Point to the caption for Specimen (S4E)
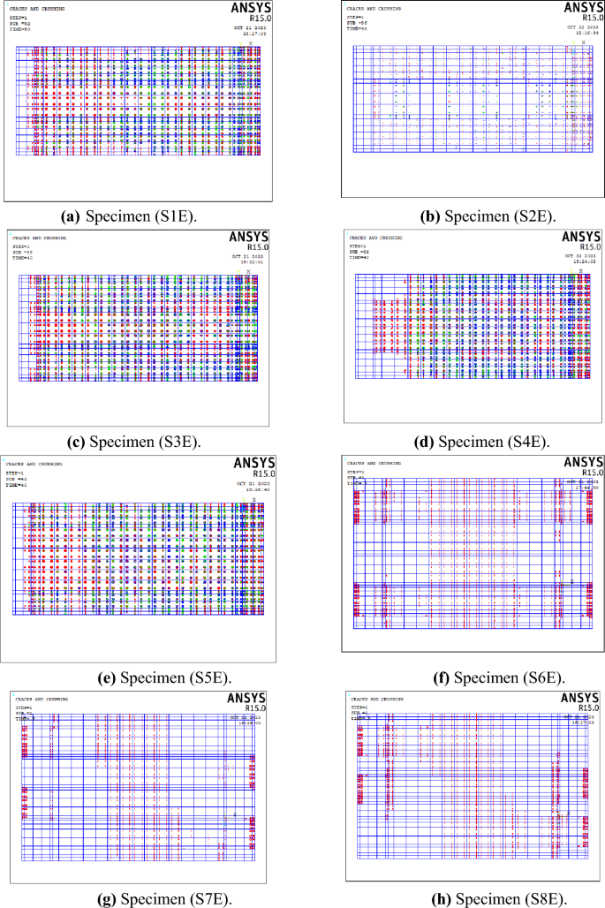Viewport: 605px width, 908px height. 472,441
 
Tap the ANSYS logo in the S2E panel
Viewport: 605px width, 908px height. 581,8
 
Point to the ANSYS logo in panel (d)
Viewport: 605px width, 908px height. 581,238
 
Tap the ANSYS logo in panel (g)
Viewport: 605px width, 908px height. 246,699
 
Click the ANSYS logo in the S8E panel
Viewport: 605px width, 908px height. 581,699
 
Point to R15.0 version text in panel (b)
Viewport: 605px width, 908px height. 592,18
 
